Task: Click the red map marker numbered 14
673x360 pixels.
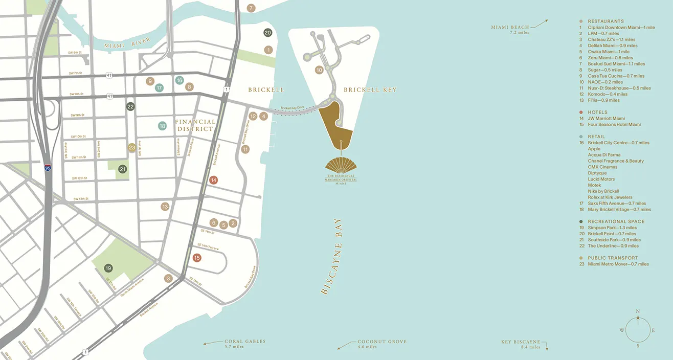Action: [x=214, y=180]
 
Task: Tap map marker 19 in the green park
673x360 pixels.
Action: [x=108, y=268]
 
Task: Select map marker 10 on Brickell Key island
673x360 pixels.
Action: [x=319, y=70]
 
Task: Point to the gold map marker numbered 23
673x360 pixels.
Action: [x=132, y=147]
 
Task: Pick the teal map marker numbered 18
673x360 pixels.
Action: [x=162, y=126]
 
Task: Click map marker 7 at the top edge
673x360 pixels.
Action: [x=251, y=8]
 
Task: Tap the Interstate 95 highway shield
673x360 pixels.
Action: [x=48, y=167]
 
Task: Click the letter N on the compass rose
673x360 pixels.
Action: [x=637, y=311]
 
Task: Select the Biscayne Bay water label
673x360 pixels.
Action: [x=331, y=256]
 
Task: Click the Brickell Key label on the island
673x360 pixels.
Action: [x=370, y=90]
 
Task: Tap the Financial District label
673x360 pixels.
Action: [x=194, y=125]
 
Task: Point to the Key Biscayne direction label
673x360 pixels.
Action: [x=521, y=344]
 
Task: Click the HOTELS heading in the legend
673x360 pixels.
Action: [x=597, y=112]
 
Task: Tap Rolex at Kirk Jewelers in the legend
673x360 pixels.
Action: [x=610, y=197]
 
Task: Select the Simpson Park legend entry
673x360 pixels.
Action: [x=612, y=228]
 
